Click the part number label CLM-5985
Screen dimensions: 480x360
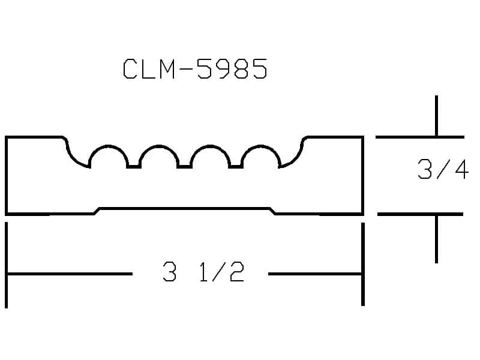point(196,68)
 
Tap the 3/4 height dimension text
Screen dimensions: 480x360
point(443,169)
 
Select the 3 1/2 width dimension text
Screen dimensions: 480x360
point(203,272)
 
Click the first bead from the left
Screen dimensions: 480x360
point(108,146)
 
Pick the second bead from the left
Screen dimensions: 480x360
point(159,146)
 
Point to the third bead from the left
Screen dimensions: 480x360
point(209,146)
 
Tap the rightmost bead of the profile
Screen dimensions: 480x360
point(260,146)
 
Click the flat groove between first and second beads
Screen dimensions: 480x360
point(134,167)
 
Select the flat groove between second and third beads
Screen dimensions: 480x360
point(185,167)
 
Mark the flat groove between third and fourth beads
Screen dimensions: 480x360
point(236,167)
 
